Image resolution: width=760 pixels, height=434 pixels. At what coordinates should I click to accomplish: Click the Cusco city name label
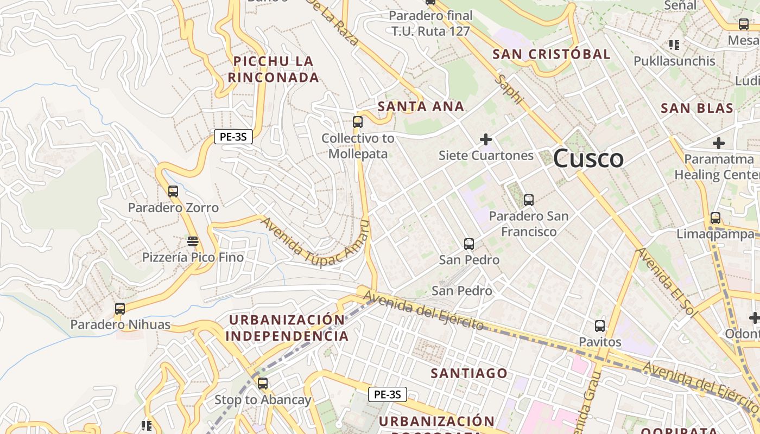(588, 158)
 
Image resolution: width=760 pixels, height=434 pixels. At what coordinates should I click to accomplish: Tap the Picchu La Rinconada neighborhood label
(274, 69)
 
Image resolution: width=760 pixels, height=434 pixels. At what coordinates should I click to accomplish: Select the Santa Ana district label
(421, 106)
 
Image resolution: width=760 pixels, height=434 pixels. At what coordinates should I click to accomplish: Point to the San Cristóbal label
(551, 54)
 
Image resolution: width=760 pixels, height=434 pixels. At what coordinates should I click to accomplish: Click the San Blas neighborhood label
(697, 108)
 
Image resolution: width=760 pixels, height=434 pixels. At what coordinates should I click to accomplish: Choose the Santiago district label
(469, 373)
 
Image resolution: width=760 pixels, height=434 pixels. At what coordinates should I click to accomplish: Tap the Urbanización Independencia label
(287, 328)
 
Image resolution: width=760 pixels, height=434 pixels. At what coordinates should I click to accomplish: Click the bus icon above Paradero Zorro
(173, 192)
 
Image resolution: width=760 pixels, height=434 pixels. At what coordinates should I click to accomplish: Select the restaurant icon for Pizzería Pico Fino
(193, 241)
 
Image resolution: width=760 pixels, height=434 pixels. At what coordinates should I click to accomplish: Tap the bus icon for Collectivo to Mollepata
(357, 122)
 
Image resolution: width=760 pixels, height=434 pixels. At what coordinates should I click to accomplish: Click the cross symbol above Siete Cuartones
(486, 139)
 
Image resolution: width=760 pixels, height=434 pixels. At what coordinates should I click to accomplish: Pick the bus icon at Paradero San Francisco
(529, 200)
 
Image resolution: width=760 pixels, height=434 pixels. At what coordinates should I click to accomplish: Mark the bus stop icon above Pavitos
(600, 326)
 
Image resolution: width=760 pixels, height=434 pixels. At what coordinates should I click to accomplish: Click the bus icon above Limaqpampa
(715, 218)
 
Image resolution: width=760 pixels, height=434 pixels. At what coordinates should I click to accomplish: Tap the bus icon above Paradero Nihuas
(120, 309)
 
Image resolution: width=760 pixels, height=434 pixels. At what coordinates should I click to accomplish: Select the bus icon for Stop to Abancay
(263, 384)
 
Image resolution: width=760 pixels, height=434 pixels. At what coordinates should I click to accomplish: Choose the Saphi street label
(510, 90)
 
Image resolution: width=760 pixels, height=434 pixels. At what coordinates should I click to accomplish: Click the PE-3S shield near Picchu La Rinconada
(233, 137)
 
